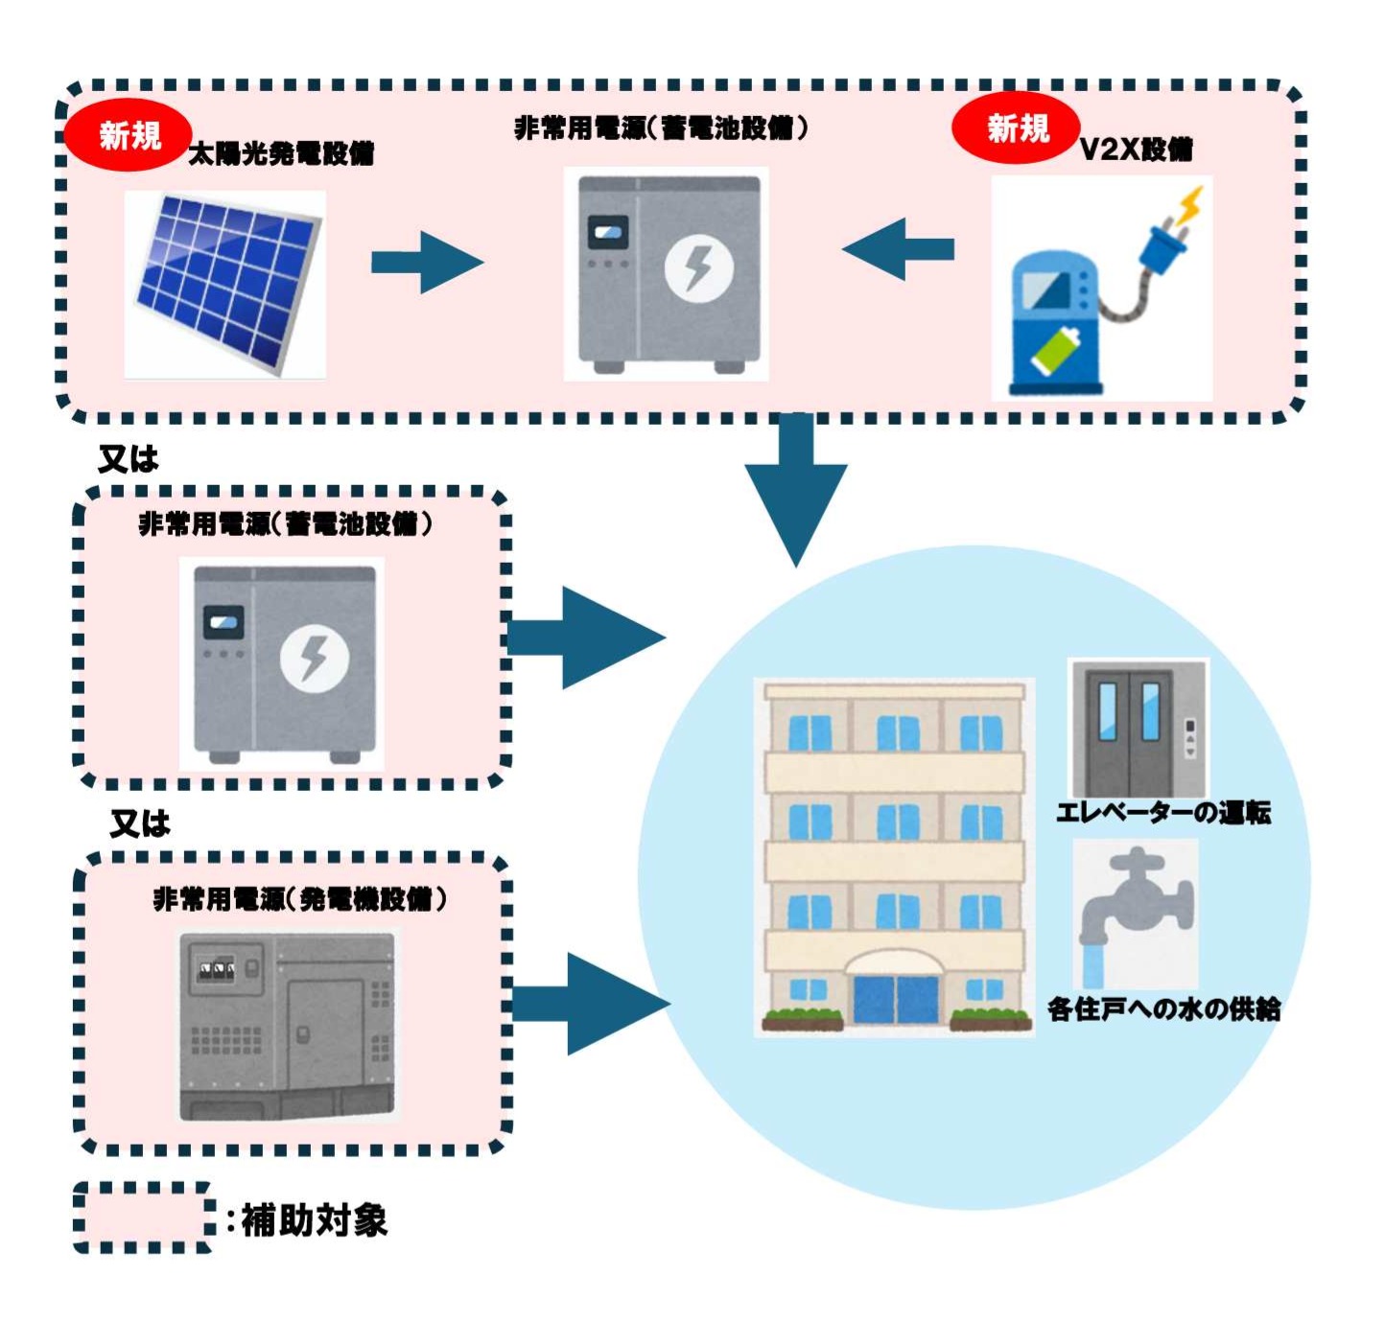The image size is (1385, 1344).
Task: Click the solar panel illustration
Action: (226, 283)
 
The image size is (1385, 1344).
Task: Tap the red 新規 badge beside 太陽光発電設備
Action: (129, 135)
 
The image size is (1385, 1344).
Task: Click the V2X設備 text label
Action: (1136, 150)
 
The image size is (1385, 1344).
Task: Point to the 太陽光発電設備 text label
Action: (280, 153)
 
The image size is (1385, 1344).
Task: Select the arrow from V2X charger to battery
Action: (899, 249)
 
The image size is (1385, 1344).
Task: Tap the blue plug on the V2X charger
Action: (1162, 243)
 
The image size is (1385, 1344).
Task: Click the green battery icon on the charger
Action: (1055, 351)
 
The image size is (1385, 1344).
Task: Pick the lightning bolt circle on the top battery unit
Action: (698, 268)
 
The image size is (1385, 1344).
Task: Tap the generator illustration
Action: (287, 1026)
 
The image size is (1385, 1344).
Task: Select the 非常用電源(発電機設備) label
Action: (299, 899)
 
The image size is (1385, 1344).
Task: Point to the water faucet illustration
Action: (1136, 911)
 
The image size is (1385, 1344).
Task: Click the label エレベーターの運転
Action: (1162, 813)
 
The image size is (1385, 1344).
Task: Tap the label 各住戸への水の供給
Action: (1163, 1008)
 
